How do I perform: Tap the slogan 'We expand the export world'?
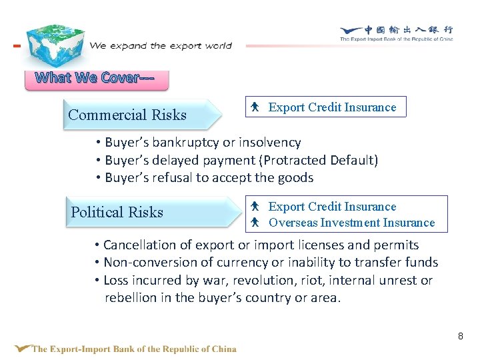(160, 46)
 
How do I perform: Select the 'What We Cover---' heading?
(95, 78)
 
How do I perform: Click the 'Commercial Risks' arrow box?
(140, 115)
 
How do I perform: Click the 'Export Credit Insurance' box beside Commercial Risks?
(325, 107)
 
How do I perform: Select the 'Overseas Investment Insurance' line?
(351, 223)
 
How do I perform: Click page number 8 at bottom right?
(460, 336)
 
